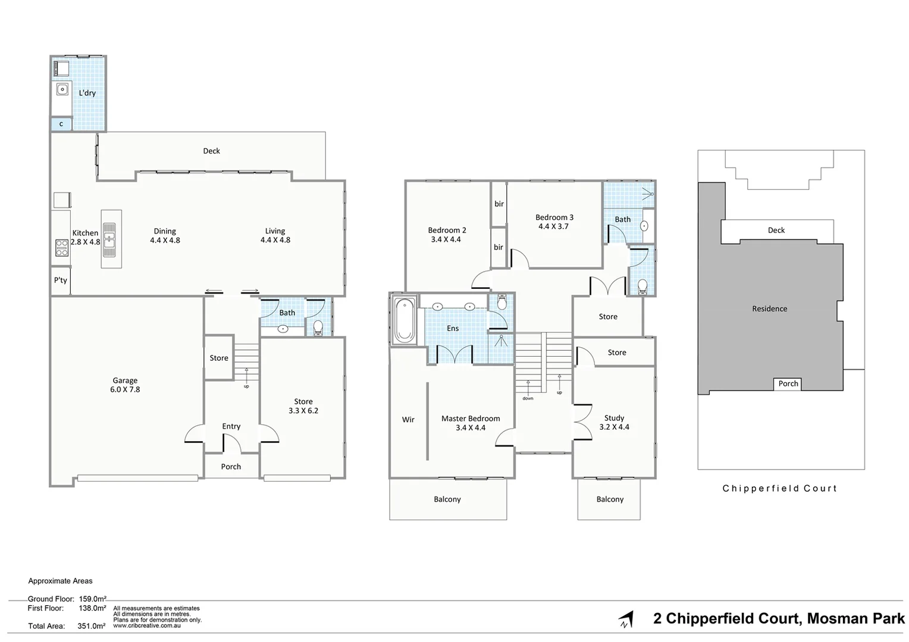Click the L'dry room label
(87, 93)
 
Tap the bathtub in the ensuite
(405, 320)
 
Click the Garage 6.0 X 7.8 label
(125, 385)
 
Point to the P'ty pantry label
(60, 280)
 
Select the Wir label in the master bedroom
(408, 420)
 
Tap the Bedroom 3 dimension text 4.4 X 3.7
(553, 226)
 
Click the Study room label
(614, 418)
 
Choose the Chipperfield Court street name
(779, 489)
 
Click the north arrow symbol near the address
(625, 619)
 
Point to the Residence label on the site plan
(769, 309)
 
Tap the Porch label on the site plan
(788, 384)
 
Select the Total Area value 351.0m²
(92, 626)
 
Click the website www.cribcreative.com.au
(147, 625)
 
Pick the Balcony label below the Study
(610, 499)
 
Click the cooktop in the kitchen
(62, 247)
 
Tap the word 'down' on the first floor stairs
(528, 398)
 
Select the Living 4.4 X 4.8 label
(275, 235)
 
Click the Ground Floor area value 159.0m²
(93, 599)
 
